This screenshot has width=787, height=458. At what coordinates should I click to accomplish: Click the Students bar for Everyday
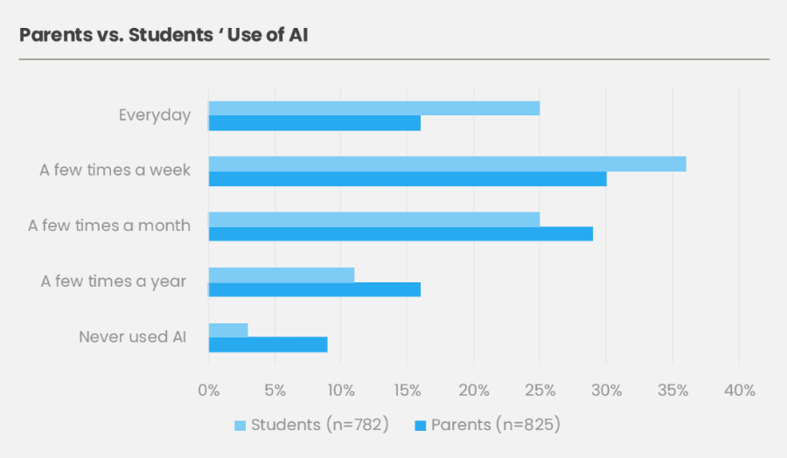(x=373, y=108)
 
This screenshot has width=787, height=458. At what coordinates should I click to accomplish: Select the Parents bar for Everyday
(x=314, y=123)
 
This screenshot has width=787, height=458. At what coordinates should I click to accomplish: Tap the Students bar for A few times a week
(x=447, y=163)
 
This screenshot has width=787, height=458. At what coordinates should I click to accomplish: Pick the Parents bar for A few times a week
(x=407, y=179)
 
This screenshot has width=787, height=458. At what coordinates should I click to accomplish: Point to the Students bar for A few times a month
(x=373, y=219)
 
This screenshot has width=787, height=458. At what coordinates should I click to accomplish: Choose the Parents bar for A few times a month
(x=400, y=234)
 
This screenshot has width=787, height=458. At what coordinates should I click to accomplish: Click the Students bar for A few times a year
(x=281, y=274)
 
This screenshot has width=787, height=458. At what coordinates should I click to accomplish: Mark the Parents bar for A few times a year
(x=314, y=289)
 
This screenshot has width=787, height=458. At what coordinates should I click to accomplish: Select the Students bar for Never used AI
(x=228, y=330)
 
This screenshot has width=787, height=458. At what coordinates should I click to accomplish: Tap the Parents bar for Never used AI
(x=268, y=344)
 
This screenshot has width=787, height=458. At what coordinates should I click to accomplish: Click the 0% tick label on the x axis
(x=209, y=391)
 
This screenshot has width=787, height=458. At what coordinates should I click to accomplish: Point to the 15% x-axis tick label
(x=407, y=391)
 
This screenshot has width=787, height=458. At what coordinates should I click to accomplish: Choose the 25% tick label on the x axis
(x=540, y=391)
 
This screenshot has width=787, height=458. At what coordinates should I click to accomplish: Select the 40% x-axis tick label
(x=739, y=391)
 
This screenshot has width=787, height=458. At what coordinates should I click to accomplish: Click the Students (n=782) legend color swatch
(x=240, y=426)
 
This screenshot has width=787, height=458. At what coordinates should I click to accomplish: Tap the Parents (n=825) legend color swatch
(x=420, y=426)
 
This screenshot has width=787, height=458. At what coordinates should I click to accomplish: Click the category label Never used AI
(x=135, y=337)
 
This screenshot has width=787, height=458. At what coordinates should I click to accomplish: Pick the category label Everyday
(x=155, y=115)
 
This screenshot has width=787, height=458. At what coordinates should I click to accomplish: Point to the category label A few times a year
(x=114, y=281)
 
